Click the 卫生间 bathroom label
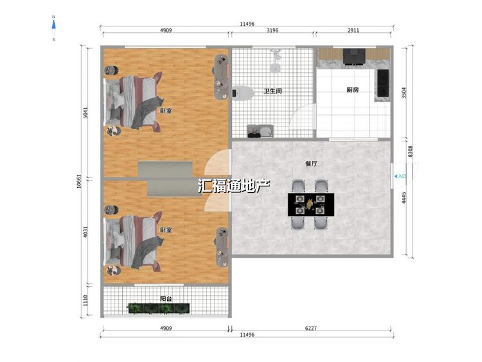click(x=272, y=91)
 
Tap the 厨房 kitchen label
click(x=352, y=90)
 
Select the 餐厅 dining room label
click(x=311, y=163)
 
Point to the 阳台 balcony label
click(x=166, y=298)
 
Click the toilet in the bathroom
click(x=242, y=93)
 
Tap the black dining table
click(x=311, y=204)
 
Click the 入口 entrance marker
click(x=400, y=176)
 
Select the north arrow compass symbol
click(x=54, y=28)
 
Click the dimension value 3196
click(x=272, y=30)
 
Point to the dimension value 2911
click(x=353, y=30)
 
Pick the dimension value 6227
click(x=311, y=328)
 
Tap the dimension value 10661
click(x=79, y=181)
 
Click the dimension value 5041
click(x=85, y=113)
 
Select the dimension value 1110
click(x=85, y=300)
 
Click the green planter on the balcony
click(x=159, y=308)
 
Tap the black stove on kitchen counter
click(x=354, y=57)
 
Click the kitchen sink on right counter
click(x=383, y=83)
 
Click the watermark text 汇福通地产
click(x=234, y=185)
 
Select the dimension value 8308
click(x=411, y=151)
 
